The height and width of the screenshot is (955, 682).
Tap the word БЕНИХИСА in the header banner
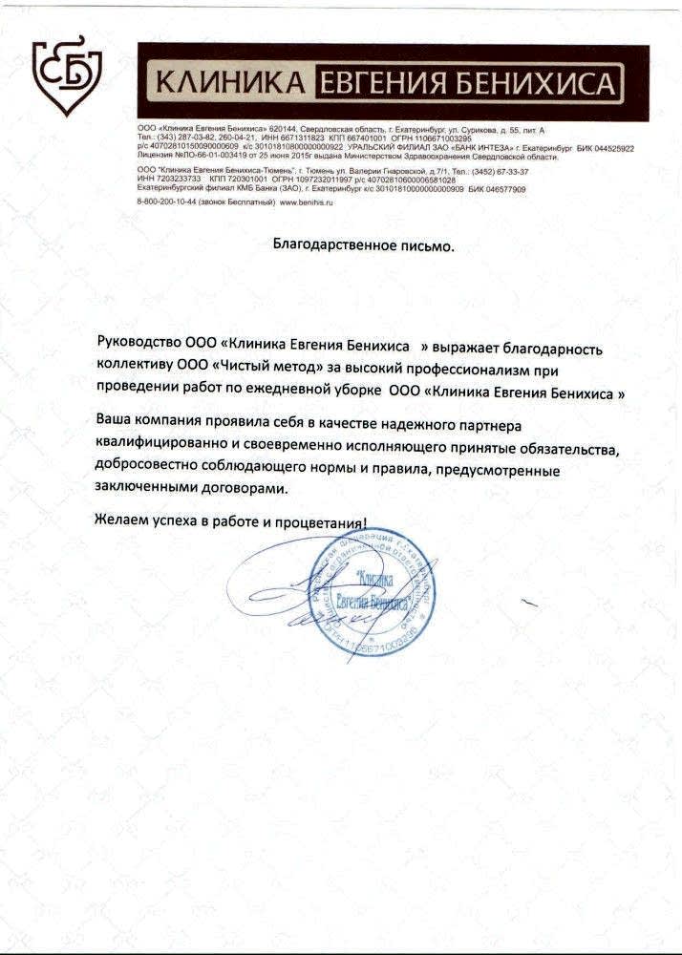[536, 84]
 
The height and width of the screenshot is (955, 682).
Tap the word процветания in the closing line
[322, 523]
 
